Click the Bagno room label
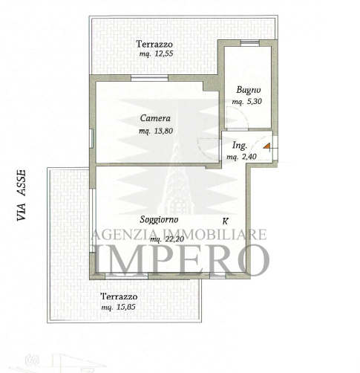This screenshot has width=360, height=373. (249, 90)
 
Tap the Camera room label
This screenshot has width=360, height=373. (155, 118)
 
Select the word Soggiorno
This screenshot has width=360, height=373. (159, 219)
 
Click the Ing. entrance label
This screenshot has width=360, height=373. (240, 146)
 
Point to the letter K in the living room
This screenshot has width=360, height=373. (225, 221)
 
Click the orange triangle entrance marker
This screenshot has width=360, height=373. (266, 146)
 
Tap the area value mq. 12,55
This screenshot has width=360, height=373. (156, 53)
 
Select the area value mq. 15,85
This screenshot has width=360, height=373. (118, 307)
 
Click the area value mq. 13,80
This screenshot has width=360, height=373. (156, 131)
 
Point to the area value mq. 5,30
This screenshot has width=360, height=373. (246, 101)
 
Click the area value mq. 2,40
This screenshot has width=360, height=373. (241, 157)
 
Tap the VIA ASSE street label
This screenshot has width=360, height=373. (22, 195)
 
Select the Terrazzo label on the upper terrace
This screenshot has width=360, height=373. (154, 45)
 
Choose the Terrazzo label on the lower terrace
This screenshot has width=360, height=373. (119, 296)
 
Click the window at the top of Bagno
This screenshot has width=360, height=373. (250, 43)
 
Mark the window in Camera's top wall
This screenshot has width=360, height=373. (149, 78)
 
